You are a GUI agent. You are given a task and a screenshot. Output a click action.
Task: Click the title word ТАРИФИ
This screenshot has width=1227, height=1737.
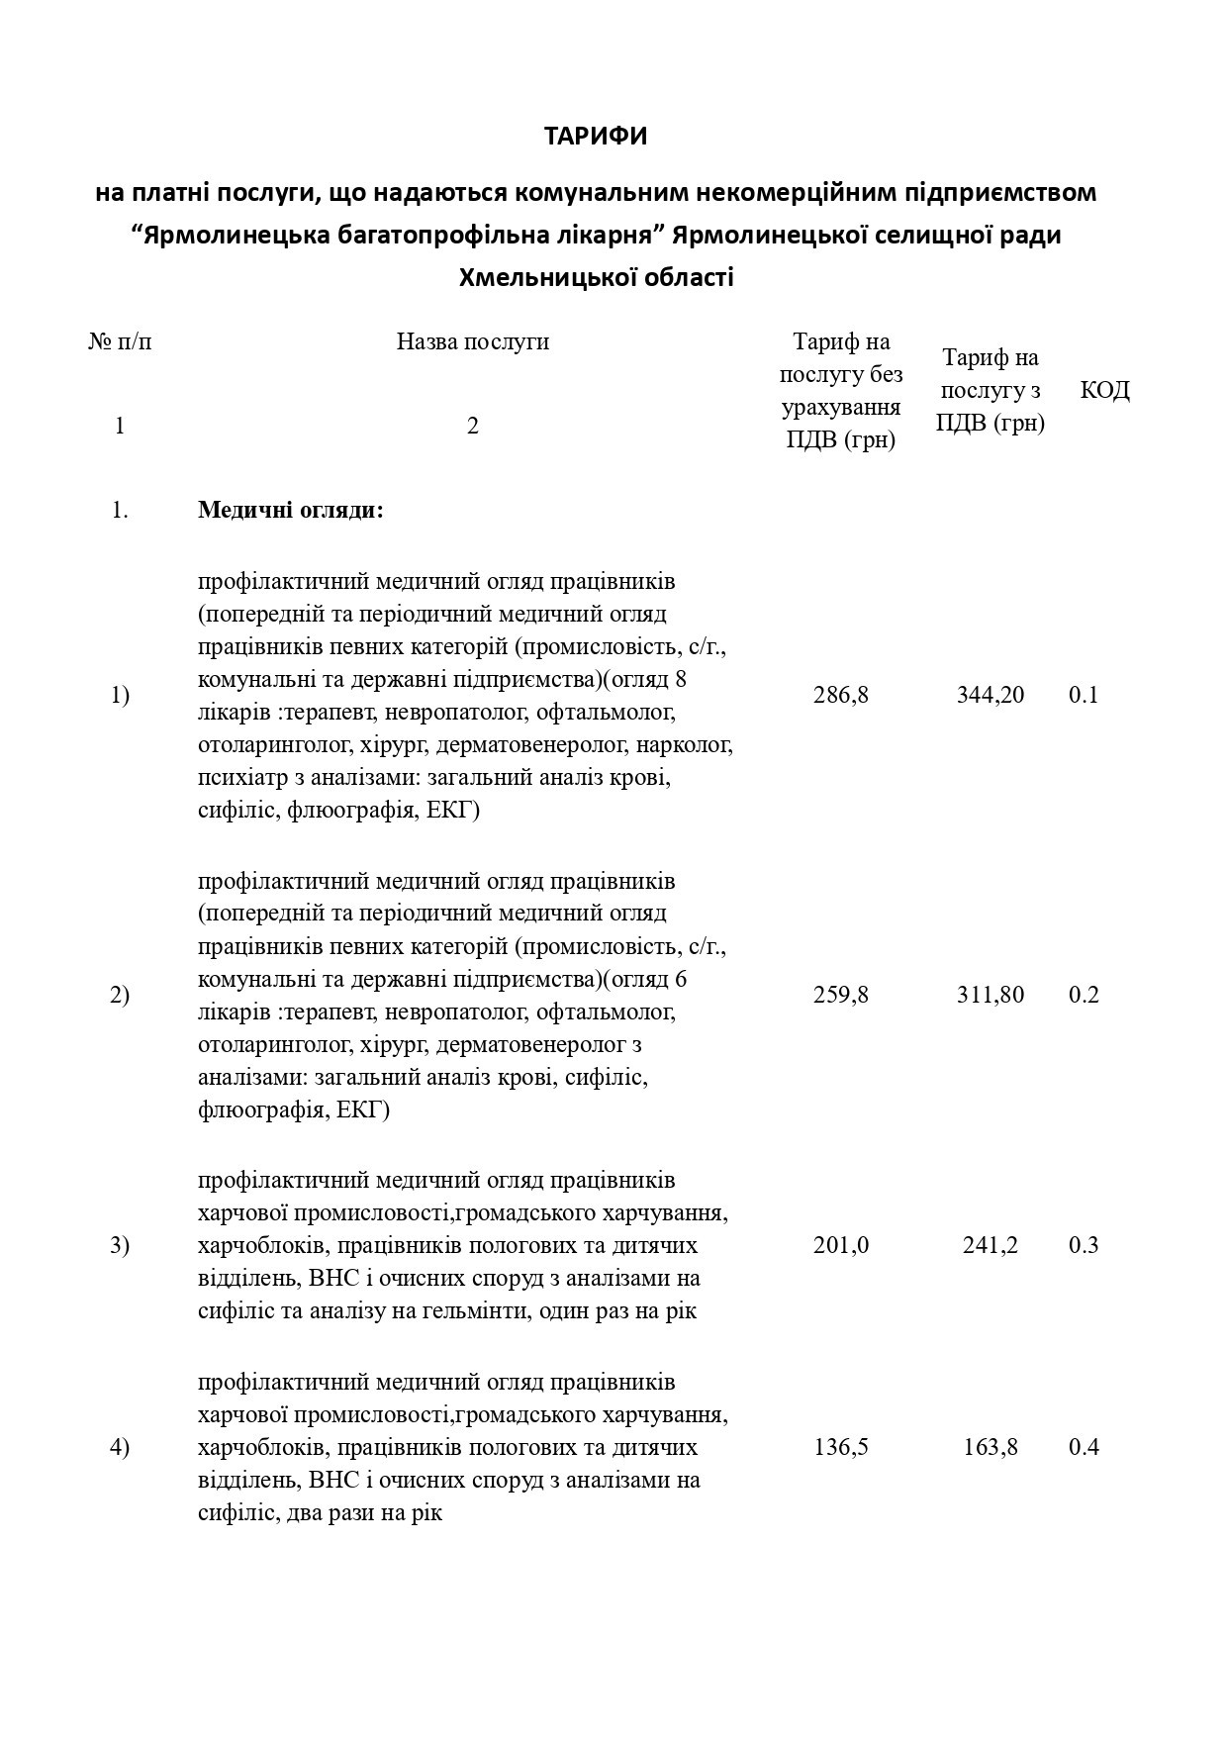596,137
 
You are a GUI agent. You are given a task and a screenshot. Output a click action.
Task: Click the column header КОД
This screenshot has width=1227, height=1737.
1104,390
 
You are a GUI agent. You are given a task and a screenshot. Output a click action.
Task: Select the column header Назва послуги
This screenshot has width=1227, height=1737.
473,342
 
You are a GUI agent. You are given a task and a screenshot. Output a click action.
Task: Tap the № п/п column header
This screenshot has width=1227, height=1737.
121,342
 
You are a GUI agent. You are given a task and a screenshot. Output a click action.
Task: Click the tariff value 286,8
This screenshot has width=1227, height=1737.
841,695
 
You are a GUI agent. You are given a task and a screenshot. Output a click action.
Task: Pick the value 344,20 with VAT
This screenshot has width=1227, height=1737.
991,695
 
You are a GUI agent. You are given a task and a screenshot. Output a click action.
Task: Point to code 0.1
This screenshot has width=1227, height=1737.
1084,695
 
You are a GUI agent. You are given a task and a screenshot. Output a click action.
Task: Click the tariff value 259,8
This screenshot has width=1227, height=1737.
841,995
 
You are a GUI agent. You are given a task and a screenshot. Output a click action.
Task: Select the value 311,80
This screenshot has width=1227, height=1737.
991,995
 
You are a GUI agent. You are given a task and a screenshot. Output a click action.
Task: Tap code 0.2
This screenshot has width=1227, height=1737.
1084,995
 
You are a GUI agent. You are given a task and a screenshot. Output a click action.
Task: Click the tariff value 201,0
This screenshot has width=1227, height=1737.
841,1245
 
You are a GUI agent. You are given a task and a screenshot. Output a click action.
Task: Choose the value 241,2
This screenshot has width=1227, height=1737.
991,1245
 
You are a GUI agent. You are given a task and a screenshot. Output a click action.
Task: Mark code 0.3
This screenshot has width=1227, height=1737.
1084,1245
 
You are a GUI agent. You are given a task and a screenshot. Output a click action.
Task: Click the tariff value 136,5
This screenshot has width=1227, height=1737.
841,1447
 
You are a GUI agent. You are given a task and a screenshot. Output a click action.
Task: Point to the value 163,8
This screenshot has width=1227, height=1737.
991,1447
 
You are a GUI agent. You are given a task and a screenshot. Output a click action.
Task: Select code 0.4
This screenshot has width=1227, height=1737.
1084,1447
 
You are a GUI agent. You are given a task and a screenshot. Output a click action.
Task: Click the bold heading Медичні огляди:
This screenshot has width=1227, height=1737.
291,511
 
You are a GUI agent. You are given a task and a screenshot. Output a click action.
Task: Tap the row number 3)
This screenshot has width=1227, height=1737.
120,1245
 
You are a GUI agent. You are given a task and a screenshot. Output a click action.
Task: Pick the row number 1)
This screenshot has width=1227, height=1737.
120,695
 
